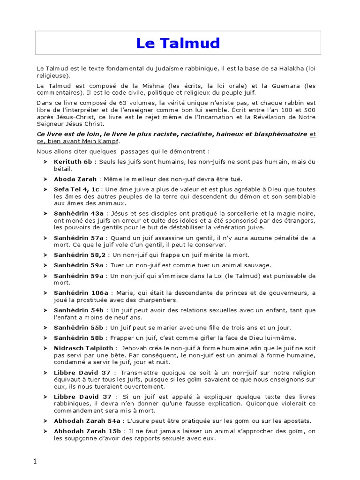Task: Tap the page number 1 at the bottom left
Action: pyautogui.click(x=35, y=461)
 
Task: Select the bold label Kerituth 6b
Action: pyautogui.click(x=73, y=162)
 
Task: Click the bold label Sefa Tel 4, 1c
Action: pyautogui.click(x=77, y=189)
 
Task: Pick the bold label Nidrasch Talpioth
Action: pyautogui.click(x=83, y=348)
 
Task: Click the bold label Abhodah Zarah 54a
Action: pyautogui.click(x=87, y=421)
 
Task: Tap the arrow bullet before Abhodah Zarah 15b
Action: pyautogui.click(x=45, y=431)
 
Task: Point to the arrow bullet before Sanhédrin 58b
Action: pyautogui.click(x=45, y=338)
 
